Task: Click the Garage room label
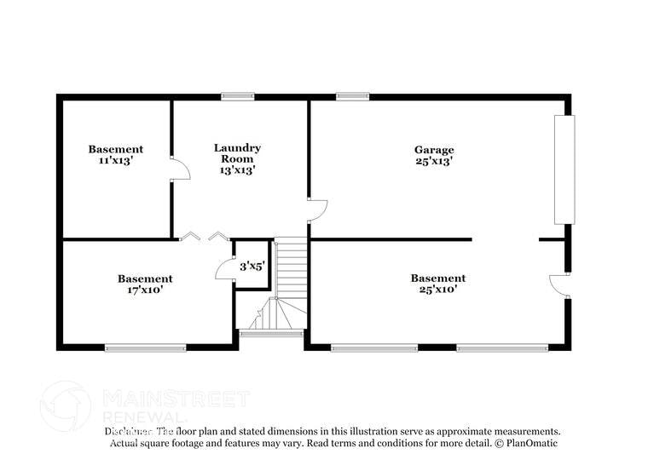pos(434,149)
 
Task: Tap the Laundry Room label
pos(237,152)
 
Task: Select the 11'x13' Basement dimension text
pos(115,160)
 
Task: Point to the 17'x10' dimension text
pos(145,290)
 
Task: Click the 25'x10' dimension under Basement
pos(437,290)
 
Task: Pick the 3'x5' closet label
pos(252,267)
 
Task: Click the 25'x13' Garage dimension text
pos(434,160)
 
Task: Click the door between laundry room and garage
pos(316,210)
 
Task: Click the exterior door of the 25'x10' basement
pos(558,285)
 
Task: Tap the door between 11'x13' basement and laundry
pos(179,168)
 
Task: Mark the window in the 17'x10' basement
pos(145,348)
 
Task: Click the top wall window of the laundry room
pos(238,96)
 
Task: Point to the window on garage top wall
pos(352,96)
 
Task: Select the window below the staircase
pos(271,333)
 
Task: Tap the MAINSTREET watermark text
pos(176,399)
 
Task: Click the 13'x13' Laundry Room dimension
pos(237,169)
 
